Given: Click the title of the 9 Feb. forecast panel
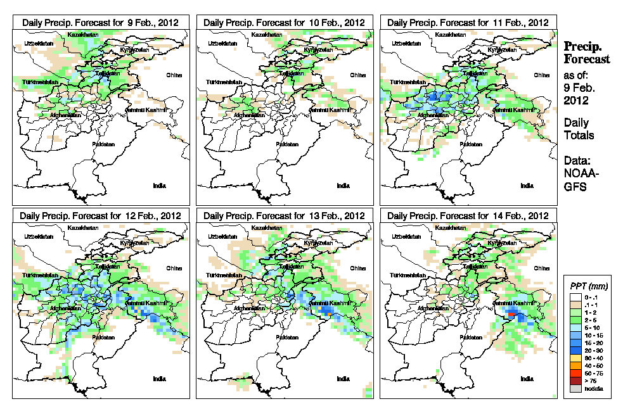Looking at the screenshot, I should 100,22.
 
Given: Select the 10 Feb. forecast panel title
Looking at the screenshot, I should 284,22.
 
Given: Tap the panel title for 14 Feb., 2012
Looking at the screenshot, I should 468,215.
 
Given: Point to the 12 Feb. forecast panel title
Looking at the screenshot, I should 100,215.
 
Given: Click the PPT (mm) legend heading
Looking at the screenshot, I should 586,288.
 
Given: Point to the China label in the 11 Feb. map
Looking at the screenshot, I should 541,75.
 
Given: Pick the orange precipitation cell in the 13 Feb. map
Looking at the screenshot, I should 327,312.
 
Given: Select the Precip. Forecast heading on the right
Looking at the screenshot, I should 587,53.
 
